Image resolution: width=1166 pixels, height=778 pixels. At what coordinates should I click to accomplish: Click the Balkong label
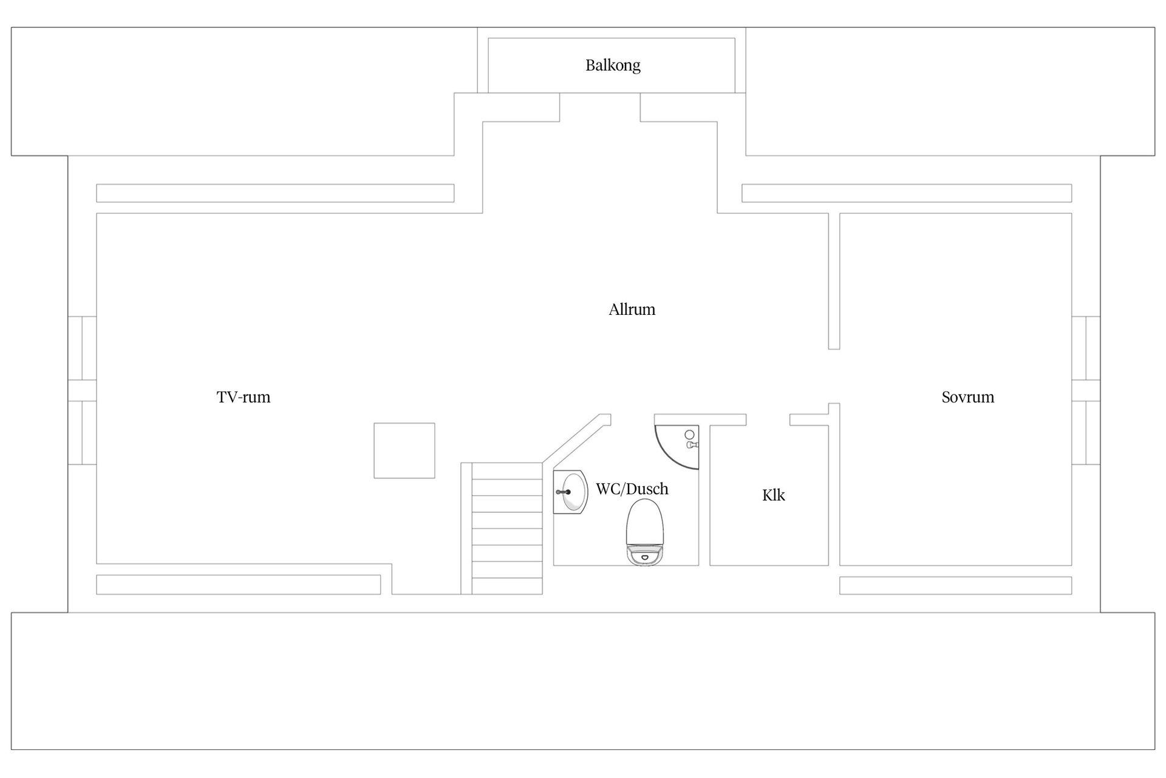613,65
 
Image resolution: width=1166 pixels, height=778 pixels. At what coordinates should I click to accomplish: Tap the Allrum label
632,309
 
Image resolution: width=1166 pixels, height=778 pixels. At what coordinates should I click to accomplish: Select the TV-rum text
243,397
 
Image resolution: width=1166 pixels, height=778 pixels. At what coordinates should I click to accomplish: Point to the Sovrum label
967,397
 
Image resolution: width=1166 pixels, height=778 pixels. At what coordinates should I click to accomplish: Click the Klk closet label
773,495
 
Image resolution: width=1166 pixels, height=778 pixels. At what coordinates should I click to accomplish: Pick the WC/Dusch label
632,489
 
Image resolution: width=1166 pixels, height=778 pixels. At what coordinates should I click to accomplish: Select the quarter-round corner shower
675,446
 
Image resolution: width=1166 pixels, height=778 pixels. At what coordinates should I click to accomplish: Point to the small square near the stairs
404,450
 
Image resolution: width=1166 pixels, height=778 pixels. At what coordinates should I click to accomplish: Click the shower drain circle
689,435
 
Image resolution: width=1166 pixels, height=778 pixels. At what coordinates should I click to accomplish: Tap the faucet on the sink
563,492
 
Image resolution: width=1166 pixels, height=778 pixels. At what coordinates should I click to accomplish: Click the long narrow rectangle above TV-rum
275,193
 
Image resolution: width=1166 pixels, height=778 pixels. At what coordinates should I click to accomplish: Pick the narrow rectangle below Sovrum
955,585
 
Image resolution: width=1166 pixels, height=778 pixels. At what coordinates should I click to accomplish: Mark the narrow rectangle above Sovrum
906,193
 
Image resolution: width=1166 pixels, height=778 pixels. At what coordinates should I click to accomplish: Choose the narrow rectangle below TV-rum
238,584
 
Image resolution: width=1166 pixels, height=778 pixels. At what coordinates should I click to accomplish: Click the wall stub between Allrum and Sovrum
834,281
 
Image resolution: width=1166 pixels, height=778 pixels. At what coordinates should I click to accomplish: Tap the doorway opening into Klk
768,419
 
